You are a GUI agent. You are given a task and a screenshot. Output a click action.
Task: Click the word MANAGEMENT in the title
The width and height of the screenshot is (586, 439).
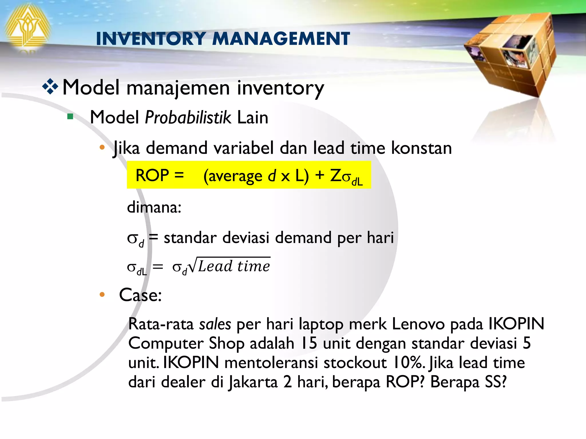point(281,39)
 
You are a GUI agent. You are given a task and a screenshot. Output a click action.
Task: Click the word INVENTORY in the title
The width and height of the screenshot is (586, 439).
point(151,39)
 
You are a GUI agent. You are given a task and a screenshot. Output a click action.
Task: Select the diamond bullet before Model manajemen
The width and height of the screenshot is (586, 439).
point(50,87)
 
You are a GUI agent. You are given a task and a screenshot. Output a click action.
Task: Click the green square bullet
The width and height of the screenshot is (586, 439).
point(70,117)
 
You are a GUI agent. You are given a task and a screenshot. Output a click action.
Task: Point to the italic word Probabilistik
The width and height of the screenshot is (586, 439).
point(188,117)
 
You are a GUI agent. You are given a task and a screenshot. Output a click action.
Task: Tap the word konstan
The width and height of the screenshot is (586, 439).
point(421,148)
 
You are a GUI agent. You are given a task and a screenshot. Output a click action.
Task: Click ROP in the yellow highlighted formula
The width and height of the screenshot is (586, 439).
point(152,175)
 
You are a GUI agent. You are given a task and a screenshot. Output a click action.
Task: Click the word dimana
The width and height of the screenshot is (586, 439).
point(154,207)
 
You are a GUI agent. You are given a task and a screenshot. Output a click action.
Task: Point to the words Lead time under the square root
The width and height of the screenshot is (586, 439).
point(234,266)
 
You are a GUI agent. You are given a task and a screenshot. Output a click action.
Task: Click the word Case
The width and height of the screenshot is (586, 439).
point(140,295)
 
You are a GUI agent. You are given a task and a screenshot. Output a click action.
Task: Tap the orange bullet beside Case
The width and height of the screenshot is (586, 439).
point(102,294)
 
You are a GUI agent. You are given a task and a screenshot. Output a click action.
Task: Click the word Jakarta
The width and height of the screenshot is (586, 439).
point(253,382)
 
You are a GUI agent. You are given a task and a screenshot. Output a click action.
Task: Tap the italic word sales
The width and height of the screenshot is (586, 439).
point(215,324)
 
